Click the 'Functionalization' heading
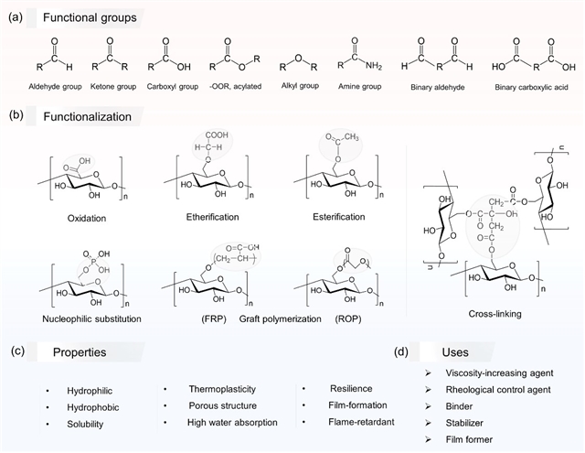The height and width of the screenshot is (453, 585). [x=87, y=117]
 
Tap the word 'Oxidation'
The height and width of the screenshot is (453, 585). [x=88, y=217]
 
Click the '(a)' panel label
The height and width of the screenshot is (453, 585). [x=16, y=17]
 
